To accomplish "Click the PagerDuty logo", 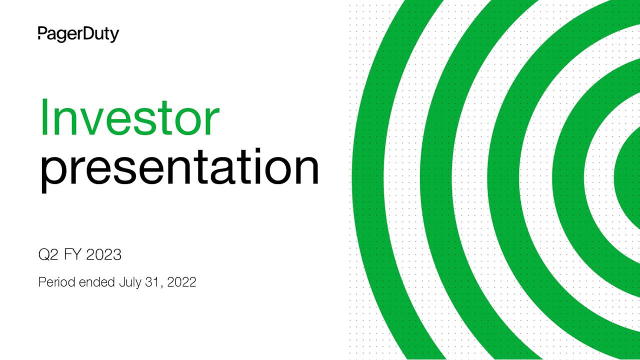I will [x=78, y=34].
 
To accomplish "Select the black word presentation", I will [x=179, y=168].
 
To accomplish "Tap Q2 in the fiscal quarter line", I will [x=48, y=255].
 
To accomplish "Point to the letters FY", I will [x=73, y=255].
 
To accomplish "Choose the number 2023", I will [x=103, y=255].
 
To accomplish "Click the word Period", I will [x=56, y=282].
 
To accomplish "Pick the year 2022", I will [x=181, y=282].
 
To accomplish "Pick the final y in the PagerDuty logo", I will [x=114, y=36].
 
